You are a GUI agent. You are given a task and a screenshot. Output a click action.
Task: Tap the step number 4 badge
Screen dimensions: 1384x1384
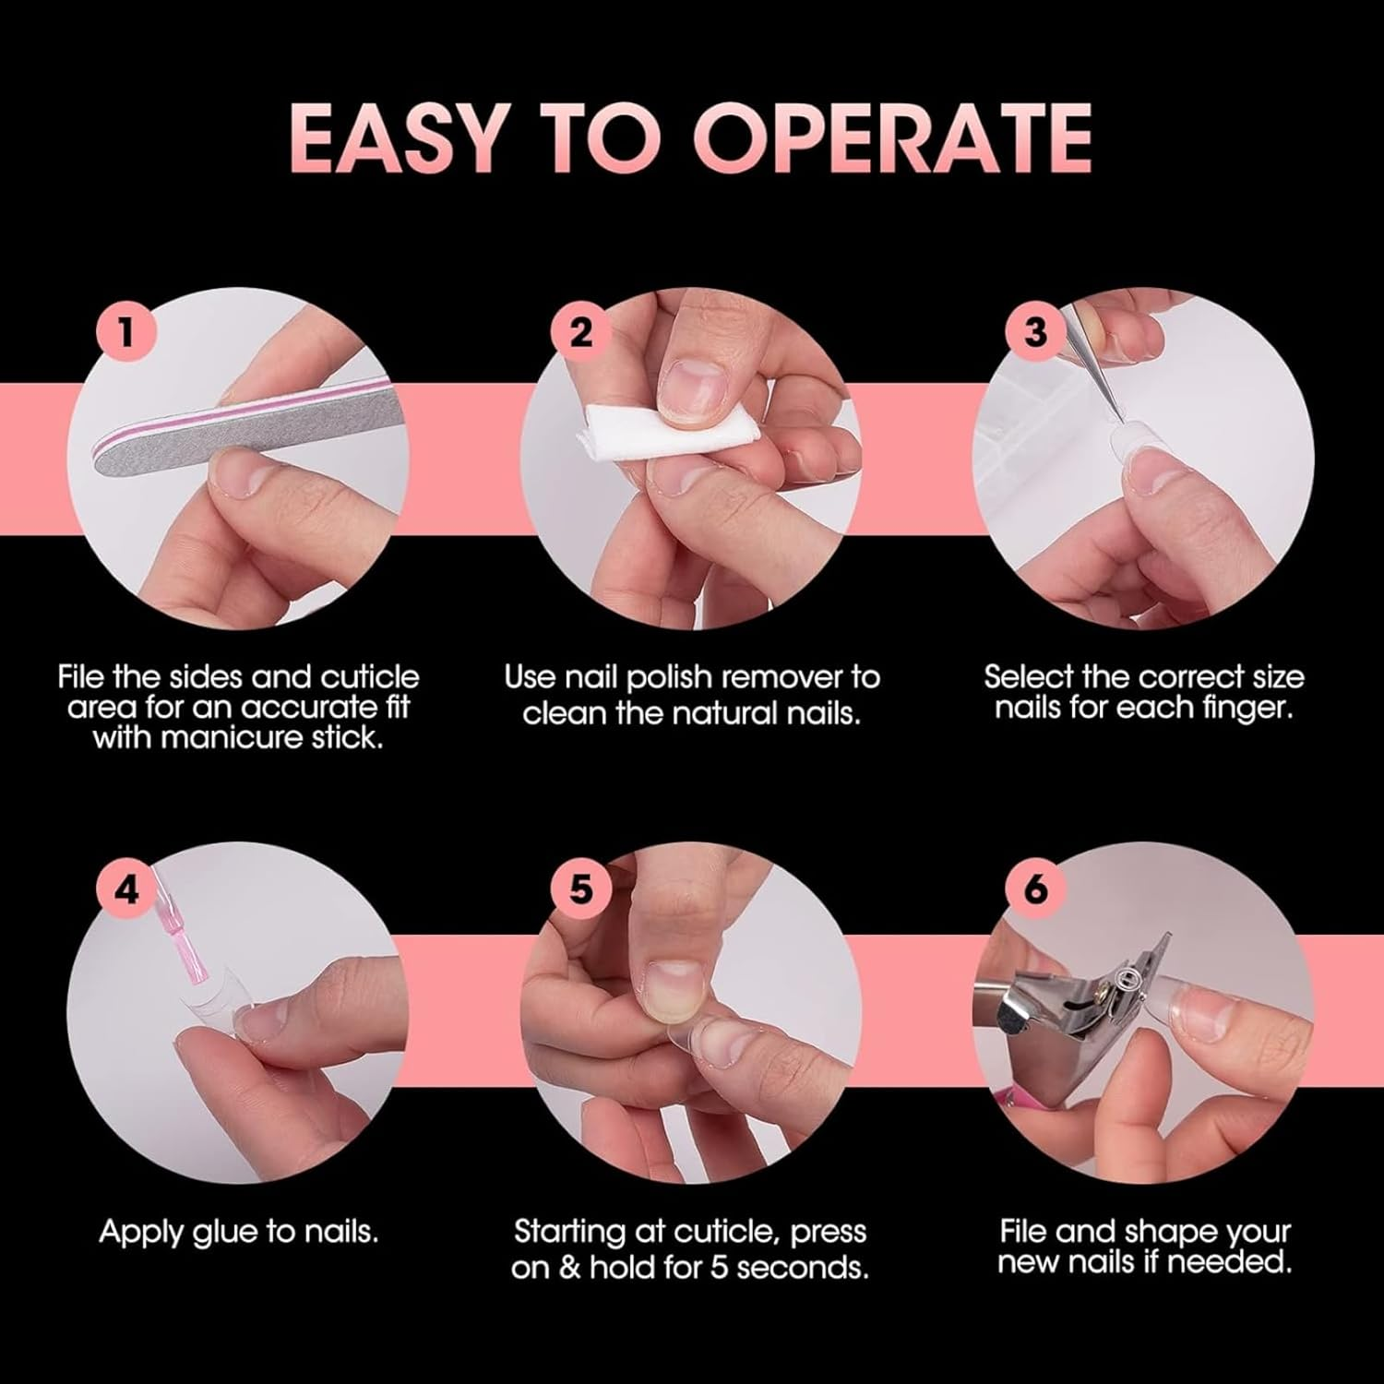pyautogui.click(x=126, y=889)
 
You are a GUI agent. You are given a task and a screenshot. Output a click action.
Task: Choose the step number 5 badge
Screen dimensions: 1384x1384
pyautogui.click(x=581, y=889)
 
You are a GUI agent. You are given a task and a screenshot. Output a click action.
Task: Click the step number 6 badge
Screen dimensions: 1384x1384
pyautogui.click(x=1035, y=889)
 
